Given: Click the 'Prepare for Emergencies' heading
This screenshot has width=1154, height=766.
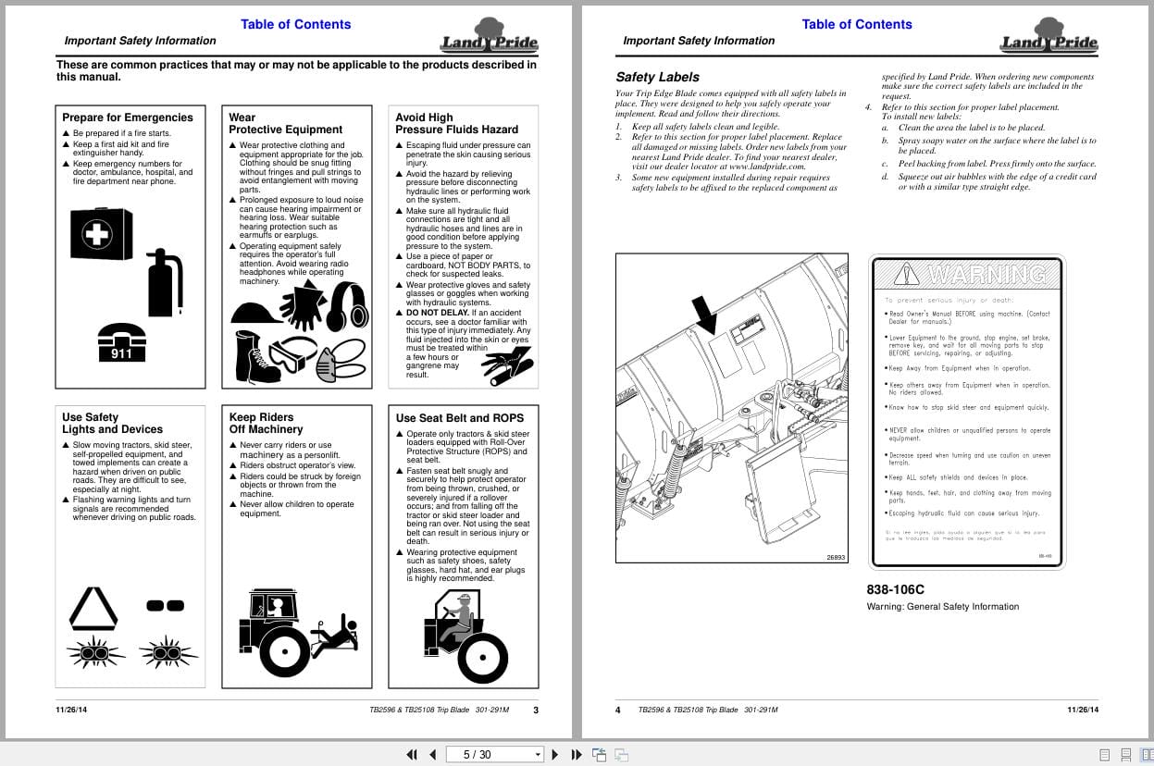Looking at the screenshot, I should (128, 117).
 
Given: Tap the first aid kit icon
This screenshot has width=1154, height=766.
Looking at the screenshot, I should (101, 233).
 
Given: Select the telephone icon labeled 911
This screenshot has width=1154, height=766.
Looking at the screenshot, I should (121, 341).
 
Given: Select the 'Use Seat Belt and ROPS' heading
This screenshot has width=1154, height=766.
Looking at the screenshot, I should (459, 418).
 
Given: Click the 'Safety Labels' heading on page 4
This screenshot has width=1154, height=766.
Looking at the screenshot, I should (657, 77).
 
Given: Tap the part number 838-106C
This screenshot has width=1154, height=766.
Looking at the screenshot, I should (895, 589).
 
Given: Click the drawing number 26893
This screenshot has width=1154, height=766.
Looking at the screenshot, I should (836, 557).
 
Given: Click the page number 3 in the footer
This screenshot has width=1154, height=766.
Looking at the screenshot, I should (536, 710).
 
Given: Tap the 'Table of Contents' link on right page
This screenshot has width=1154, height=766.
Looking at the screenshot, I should (856, 24).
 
